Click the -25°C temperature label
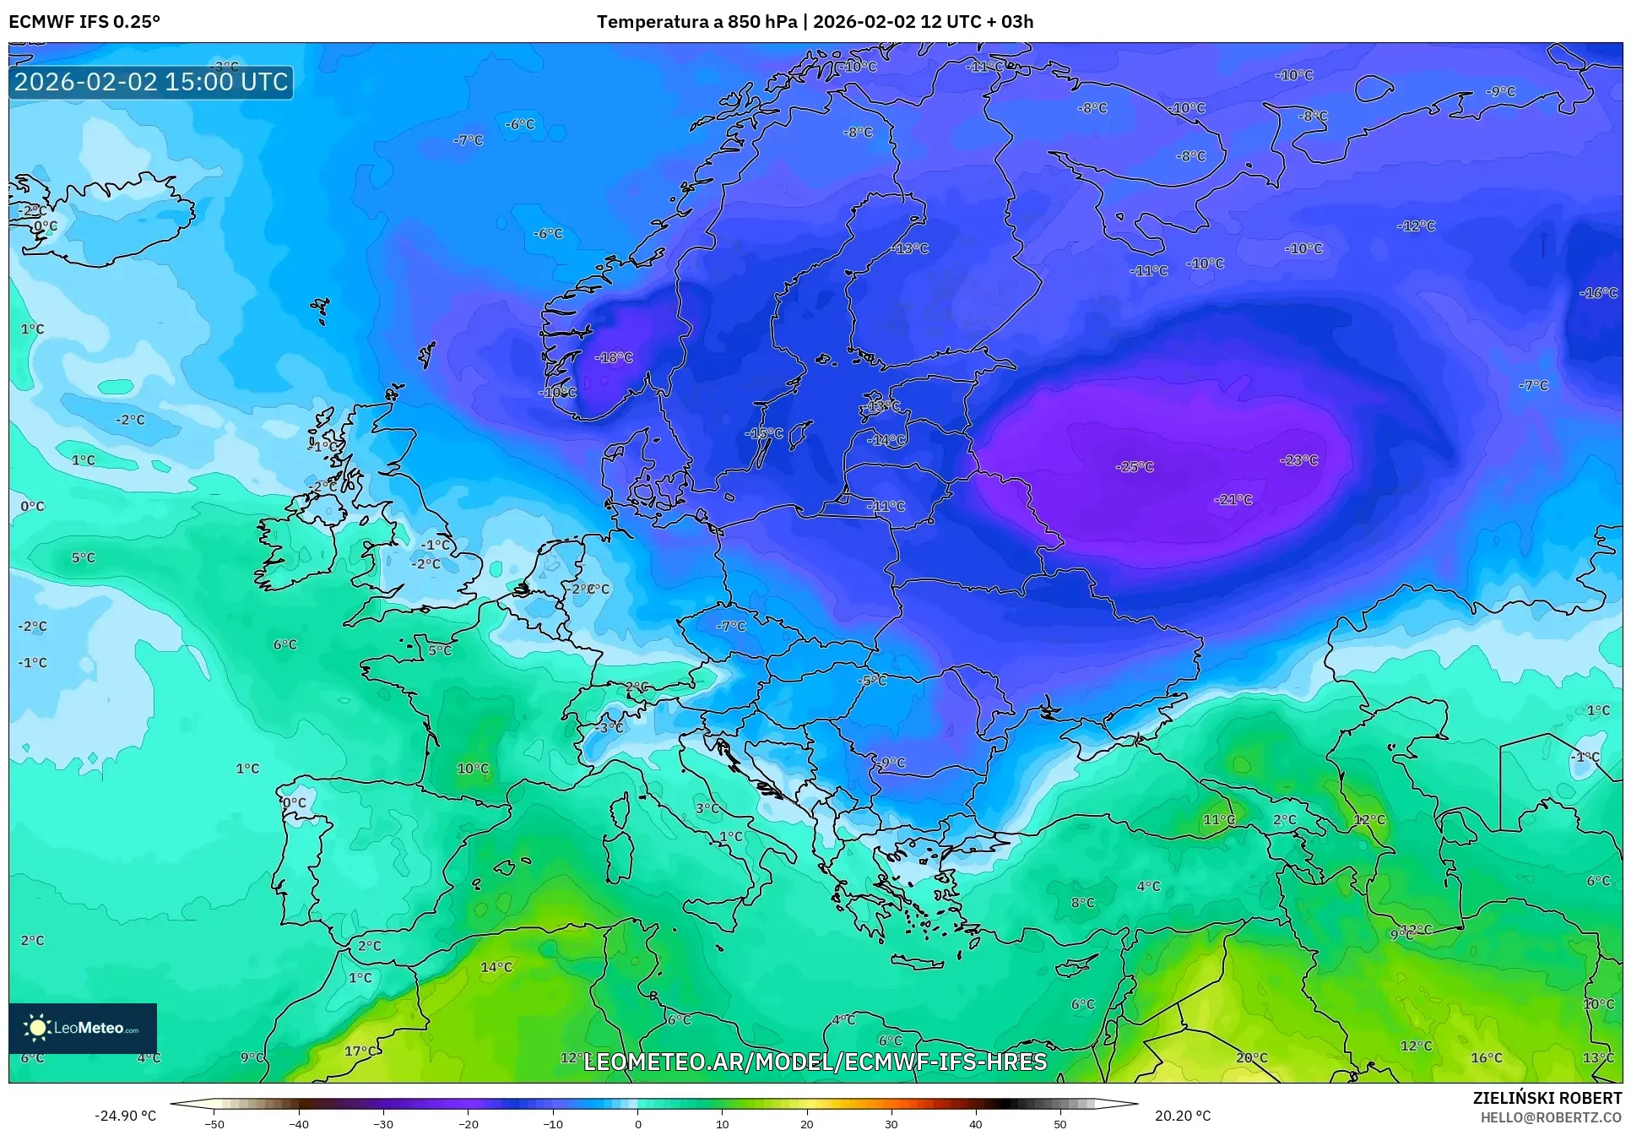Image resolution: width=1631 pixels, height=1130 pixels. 1134,466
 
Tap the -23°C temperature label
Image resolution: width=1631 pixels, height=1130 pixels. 1298,459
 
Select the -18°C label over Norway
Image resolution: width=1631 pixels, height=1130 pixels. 613,357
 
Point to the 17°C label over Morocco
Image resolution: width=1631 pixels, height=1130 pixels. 361,1051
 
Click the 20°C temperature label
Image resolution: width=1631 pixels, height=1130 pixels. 1251,1057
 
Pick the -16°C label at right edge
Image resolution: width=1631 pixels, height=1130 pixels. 1597,292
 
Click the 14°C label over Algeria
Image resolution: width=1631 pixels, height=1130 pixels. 496,967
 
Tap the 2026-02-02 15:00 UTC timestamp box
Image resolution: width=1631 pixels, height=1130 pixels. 151,82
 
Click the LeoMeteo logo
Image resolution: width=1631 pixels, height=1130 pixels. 83,1028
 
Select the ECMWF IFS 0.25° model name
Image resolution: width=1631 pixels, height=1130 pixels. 84,22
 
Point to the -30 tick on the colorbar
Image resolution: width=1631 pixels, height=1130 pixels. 383,1124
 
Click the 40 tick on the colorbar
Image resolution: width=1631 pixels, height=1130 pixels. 975,1124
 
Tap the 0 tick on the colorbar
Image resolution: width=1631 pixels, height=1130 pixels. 637,1124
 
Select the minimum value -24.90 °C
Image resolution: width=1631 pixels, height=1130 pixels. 125,1116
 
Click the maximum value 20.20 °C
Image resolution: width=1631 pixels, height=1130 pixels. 1182,1116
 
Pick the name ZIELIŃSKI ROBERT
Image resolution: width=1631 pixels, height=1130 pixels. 1547,1098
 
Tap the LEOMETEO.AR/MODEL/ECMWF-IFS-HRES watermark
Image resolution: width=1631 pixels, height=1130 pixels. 815,1062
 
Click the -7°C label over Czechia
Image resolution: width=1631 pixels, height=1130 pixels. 731,626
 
